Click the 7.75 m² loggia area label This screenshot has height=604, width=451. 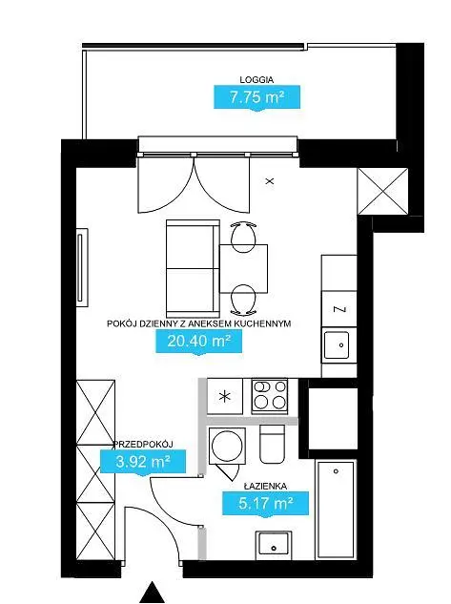[257, 96]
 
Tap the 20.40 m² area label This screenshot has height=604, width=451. [198, 341]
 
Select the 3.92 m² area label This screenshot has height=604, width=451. [143, 461]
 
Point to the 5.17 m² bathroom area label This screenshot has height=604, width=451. [265, 503]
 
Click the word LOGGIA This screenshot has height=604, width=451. [256, 80]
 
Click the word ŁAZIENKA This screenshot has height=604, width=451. [265, 486]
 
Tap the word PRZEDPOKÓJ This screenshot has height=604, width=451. [143, 444]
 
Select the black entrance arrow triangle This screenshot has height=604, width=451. [153, 592]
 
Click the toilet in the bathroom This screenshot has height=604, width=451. [272, 444]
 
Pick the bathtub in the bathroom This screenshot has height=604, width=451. [336, 510]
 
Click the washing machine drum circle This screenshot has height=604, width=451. [227, 446]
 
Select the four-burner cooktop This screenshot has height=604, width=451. [270, 396]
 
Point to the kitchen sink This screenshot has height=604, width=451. [337, 345]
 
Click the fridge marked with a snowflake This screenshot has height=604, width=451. [225, 396]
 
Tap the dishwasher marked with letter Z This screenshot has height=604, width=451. [339, 309]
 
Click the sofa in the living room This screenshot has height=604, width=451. [193, 269]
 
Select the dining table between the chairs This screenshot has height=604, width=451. [243, 268]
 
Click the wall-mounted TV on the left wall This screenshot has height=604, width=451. [82, 268]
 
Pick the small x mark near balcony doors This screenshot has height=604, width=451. [270, 180]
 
